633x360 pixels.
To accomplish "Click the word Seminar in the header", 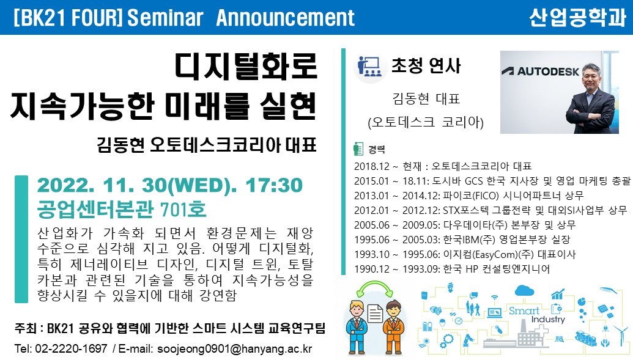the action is tap(165, 18).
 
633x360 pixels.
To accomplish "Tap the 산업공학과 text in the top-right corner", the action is tap(578, 17).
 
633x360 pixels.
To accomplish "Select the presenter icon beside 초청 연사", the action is tap(369, 66).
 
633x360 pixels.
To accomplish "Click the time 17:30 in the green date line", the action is tap(274, 185).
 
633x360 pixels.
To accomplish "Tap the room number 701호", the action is tap(183, 209).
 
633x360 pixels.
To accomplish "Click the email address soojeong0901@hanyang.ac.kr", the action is tap(235, 349).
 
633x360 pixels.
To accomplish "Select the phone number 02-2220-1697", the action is tap(72, 349).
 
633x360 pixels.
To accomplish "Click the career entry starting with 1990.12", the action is tap(452, 269).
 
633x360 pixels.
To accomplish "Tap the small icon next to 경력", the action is tap(358, 149).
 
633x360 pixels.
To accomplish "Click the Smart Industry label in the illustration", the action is tap(536, 315).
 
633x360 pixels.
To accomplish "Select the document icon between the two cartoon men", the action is tap(375, 314).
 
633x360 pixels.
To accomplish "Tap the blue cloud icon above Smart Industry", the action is tap(524, 290).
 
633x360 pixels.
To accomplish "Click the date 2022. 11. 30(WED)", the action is tap(137, 185).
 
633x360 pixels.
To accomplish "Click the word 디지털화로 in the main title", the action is tap(246, 66).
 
